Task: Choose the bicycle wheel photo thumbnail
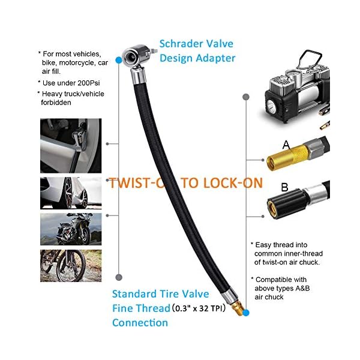(70, 265)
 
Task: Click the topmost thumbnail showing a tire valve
(70, 146)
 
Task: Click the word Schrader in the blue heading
(178, 44)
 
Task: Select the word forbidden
(58, 103)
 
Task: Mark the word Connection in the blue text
(140, 323)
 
